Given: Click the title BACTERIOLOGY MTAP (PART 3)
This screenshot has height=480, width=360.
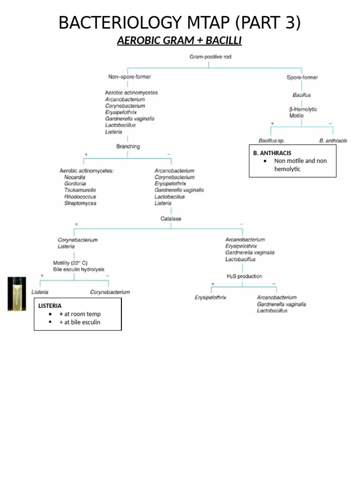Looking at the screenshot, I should point(180,22).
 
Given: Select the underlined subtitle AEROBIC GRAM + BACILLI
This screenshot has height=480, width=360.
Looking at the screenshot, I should point(180,41).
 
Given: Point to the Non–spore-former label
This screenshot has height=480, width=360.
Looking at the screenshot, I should point(130,76).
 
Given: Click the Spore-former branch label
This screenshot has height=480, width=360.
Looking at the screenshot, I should point(302,77).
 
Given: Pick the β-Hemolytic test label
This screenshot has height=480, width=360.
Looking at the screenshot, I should point(303,109).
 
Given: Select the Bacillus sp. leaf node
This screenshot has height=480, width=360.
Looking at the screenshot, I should point(271,141).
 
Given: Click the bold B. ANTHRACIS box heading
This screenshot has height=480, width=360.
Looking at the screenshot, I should point(272,153).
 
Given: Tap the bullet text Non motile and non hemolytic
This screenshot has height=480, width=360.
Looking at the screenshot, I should point(300,165).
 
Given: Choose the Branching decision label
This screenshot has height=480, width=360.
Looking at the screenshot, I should point(128,146).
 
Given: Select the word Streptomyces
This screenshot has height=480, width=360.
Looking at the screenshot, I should point(80,203).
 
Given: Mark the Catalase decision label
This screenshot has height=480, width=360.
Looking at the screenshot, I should point(171,218).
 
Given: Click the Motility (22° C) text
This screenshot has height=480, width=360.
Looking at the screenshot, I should point(70,263).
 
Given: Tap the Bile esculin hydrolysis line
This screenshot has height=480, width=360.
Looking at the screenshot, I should point(78,270).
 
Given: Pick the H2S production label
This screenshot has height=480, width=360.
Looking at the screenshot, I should point(244,276).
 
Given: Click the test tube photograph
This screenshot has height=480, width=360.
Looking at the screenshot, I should point(17,294).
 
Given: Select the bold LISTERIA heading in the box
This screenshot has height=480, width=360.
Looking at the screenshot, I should point(50,306).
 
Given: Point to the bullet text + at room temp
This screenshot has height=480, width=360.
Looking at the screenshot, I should point(80,314).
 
